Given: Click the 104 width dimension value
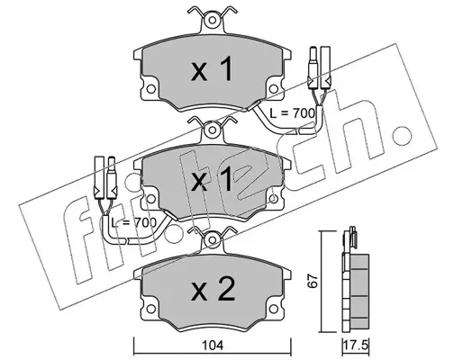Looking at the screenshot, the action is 213,346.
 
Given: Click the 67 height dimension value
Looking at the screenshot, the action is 313,281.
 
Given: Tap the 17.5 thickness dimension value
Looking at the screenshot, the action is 356,346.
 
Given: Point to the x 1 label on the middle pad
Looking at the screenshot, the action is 212,179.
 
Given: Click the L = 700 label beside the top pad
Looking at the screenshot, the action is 292,113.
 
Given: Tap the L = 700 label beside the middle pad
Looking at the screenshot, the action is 133,222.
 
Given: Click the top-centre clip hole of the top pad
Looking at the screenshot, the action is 213,21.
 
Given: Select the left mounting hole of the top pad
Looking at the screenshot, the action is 151,89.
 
